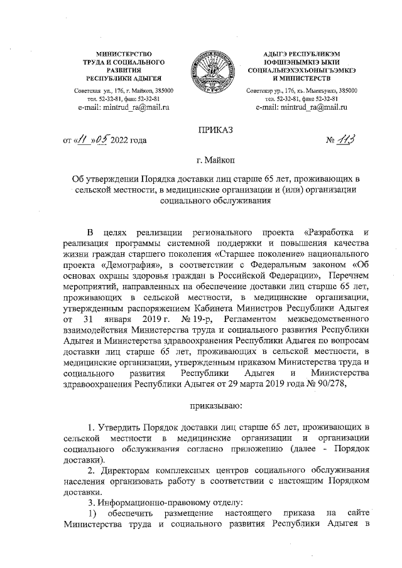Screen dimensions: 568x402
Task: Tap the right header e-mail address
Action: pos(302,108)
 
